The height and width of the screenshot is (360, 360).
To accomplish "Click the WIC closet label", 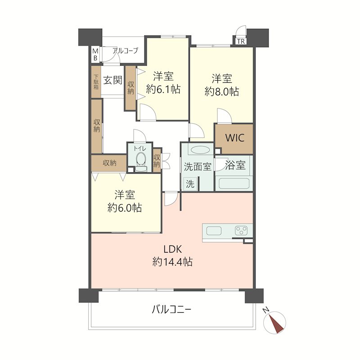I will point(234,138).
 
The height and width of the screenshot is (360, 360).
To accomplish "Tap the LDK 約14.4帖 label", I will point(172,255).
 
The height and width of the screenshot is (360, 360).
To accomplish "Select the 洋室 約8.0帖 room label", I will point(221,85).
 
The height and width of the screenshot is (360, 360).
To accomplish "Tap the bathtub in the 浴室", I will point(234,184).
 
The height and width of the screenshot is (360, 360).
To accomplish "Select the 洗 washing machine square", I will point(190,184).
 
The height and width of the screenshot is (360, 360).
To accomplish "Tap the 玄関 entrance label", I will point(112,81).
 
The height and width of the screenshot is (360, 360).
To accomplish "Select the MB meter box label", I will point(95,54).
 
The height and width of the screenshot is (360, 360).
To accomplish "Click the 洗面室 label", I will point(197,166).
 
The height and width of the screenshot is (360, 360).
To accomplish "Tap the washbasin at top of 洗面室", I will point(198,149).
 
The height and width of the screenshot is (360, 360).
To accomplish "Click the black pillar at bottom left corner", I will point(89,295).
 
